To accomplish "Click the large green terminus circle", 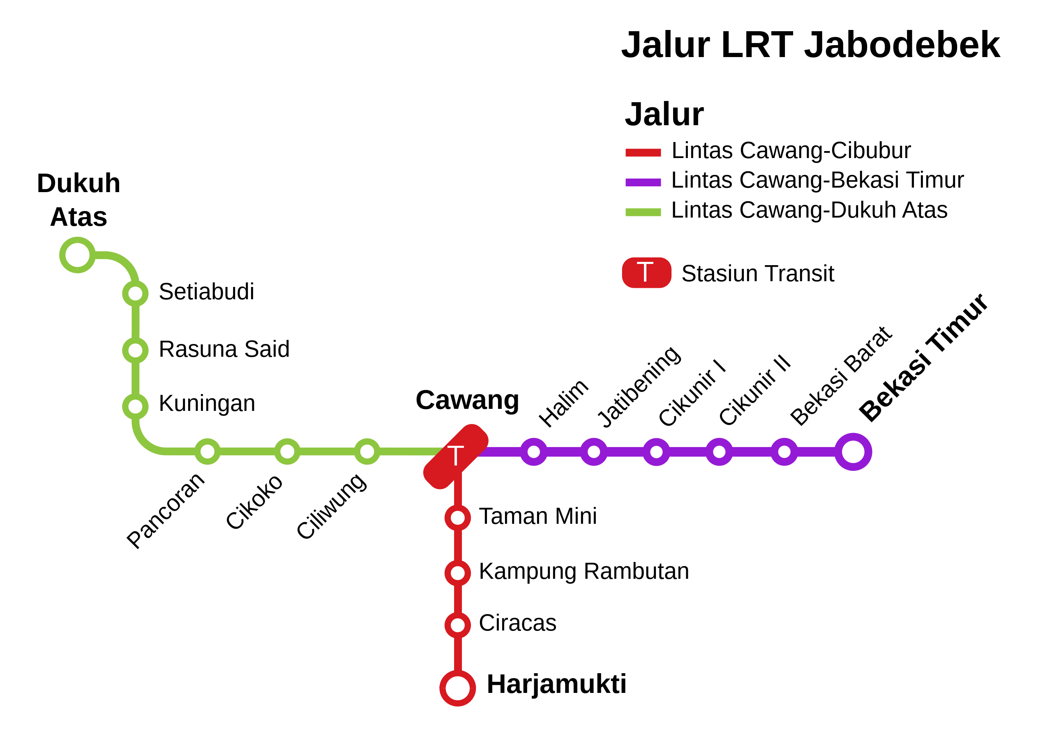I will point(77,255).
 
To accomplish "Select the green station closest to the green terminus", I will point(135,293).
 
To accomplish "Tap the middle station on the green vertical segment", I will point(135,351).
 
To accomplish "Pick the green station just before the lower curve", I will point(135,406).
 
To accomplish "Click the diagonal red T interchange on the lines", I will point(455,457).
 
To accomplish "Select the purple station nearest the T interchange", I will point(534,452).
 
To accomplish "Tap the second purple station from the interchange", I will point(594,452).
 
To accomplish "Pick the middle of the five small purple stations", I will point(657,452).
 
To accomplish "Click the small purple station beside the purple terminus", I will point(784,452).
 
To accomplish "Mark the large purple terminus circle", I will point(853,452).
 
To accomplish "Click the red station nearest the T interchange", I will point(458,518).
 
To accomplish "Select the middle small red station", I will point(458,573).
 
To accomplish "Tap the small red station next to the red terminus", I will point(458,625).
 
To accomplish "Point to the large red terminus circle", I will point(458,688).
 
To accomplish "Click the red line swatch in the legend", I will point(643,153).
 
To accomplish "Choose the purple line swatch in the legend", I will point(643,182).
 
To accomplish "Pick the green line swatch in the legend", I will point(643,212).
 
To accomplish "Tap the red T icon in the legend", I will point(646,273).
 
